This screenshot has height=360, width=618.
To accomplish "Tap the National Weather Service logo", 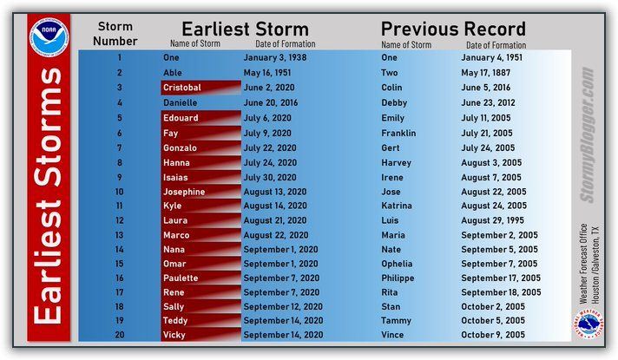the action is point(588,324).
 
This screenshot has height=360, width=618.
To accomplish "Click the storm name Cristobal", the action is point(182,88).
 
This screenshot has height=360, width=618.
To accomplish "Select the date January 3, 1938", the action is point(274,57).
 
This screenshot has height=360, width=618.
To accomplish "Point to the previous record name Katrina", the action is point(397,206).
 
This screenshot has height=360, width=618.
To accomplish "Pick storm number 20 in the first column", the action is point(120,335).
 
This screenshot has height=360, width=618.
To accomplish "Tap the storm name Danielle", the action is point(181,103).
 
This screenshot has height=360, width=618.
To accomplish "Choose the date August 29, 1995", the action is point(493,220).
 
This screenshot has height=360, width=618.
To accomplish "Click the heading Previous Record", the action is point(453,29).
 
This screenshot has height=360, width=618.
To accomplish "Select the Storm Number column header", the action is point(115,34).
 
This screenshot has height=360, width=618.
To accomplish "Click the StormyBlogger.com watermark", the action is point(587,134).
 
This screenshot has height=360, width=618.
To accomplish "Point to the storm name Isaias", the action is point(175,178).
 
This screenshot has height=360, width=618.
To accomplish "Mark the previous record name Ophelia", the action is point(397,264).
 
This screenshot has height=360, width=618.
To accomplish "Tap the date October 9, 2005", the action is point(493,335).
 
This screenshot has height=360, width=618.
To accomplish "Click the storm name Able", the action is point(173,73).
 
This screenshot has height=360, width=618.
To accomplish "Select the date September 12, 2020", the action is point(283,306).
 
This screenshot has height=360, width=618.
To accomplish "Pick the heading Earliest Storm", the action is point(245,29).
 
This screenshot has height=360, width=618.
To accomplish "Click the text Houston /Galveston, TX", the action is point(595,265).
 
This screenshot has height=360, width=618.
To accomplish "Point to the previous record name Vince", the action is point(392,335).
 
